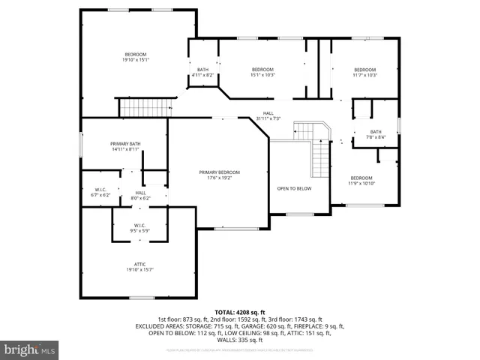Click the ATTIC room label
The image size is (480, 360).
coord(140,264)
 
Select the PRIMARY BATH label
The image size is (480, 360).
coord(125,143)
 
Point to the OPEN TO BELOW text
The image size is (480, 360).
coord(294,189)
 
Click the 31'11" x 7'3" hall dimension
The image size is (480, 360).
coord(268,118)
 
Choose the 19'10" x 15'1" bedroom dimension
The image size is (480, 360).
coord(136,59)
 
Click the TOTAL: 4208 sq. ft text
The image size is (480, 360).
coord(240,311)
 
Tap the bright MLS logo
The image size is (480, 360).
coord(28,349)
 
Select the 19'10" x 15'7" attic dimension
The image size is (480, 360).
coord(140,270)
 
